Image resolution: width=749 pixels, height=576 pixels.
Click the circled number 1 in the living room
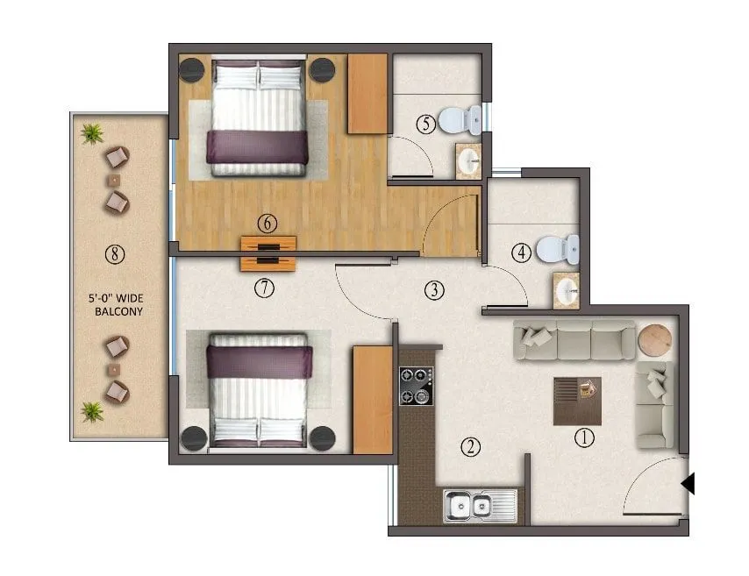click(584, 435)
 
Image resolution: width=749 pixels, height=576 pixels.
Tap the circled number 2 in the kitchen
click(472, 447)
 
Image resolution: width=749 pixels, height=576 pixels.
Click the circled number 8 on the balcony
click(114, 255)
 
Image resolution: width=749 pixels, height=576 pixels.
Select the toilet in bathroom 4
click(558, 248)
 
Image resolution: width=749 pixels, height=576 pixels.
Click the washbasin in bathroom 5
click(468, 161)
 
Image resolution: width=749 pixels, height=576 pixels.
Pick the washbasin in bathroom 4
click(566, 290)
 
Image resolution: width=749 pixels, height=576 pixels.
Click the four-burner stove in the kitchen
click(417, 386)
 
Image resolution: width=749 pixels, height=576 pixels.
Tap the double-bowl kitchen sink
click(471, 506)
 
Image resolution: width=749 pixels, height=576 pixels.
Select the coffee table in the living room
click(577, 400)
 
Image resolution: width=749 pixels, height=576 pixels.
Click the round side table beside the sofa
click(653, 340)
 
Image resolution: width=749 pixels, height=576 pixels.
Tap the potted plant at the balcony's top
click(91, 133)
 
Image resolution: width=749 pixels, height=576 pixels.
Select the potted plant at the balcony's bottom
click(91, 410)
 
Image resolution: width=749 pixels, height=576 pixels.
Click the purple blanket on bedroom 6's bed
click(258, 146)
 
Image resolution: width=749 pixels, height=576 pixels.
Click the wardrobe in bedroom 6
click(367, 94)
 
